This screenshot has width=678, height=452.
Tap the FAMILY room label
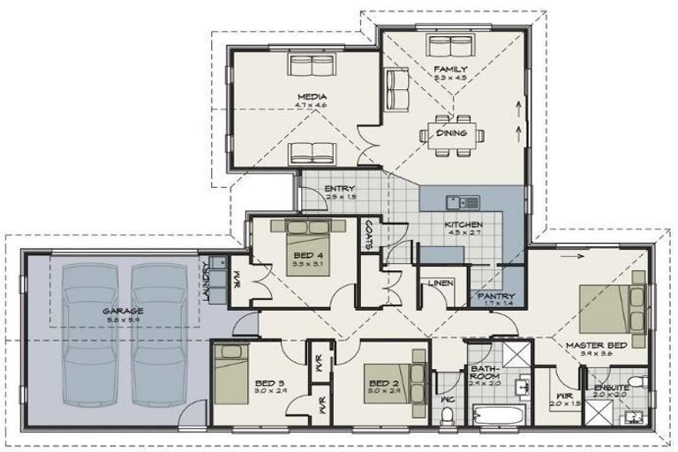450,69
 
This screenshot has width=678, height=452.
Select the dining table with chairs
457,133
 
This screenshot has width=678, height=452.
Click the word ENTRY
340,189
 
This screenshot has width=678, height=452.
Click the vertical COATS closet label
368,233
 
